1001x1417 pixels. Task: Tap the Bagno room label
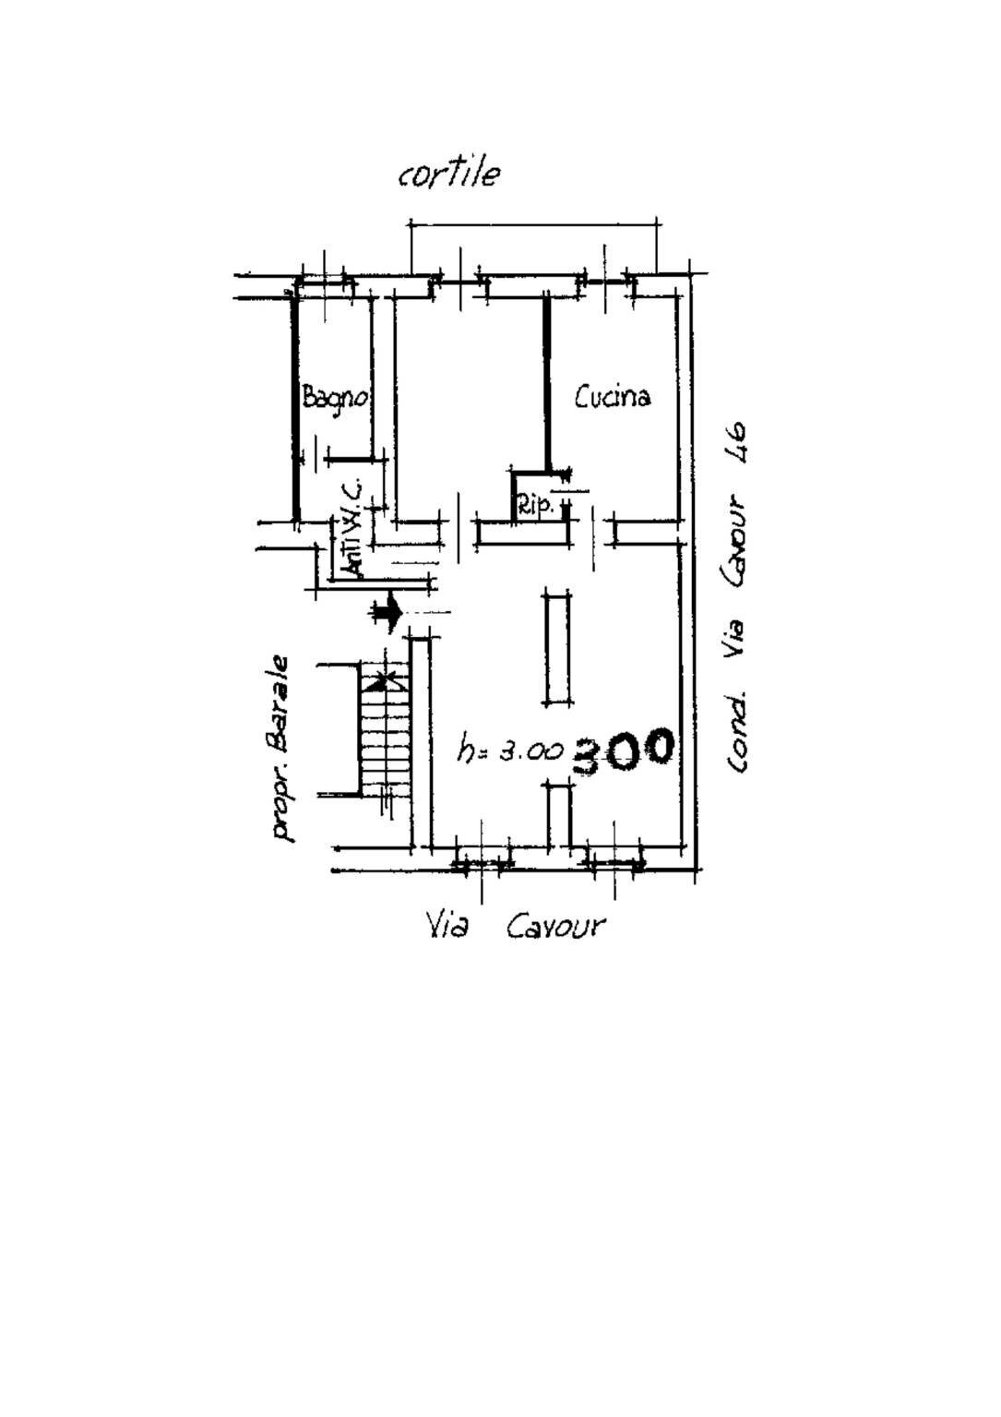pos(335,399)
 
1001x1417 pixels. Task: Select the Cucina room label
pos(612,397)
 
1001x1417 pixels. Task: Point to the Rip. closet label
pos(537,506)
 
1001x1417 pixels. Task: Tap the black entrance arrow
pos(387,612)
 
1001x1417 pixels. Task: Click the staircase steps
pos(385,727)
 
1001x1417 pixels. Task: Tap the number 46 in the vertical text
pos(736,445)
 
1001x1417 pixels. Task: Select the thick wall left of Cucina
pos(547,384)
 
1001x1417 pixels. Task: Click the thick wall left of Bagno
pos(294,407)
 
